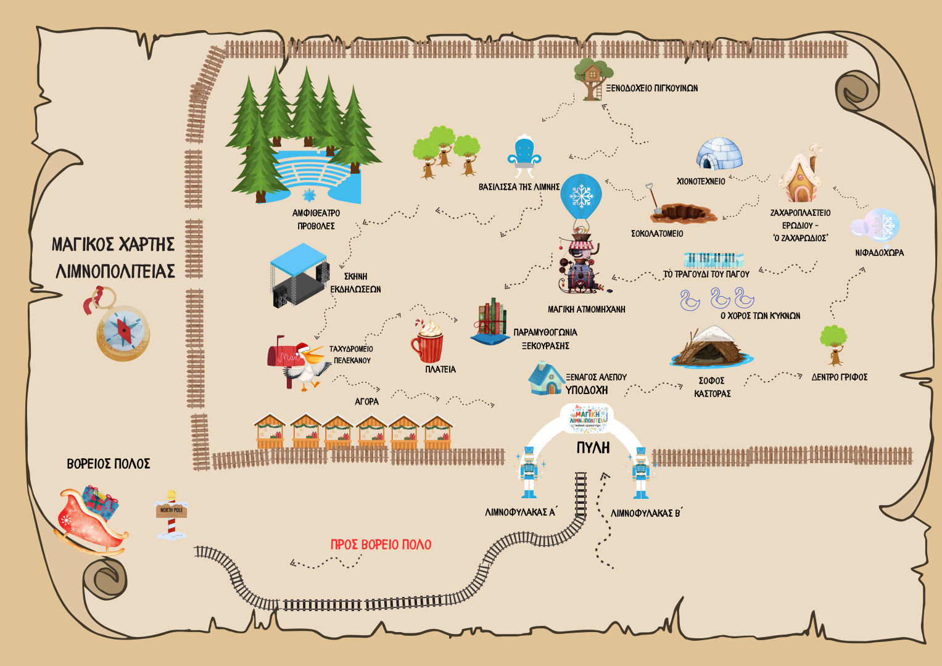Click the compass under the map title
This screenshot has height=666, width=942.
122,332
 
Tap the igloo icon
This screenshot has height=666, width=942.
719,154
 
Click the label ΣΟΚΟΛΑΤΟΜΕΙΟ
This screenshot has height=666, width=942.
657,234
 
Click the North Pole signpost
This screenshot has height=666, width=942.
171,514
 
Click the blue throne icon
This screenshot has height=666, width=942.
524,153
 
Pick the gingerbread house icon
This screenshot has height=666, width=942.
801,176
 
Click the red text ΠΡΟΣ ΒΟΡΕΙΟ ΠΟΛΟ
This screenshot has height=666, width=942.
381,545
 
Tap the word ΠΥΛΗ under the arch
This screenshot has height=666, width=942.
593,448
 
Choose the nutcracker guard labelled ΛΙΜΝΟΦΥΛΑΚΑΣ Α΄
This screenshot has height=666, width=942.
529,472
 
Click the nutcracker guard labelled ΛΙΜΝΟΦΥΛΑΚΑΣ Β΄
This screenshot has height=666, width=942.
641,473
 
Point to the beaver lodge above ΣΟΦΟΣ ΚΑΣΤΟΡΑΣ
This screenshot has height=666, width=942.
711,348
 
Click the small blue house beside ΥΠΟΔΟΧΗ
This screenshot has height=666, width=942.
545,379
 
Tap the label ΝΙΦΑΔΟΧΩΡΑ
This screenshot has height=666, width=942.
879,253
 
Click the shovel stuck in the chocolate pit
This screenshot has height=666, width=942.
653,200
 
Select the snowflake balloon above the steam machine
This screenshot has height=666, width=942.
580,196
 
